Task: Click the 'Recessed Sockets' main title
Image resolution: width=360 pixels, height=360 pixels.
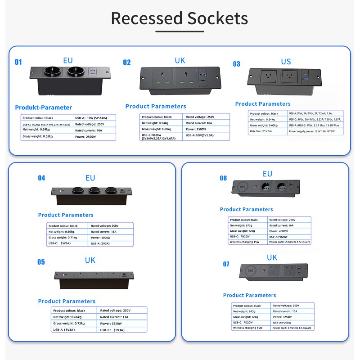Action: (x=180, y=18)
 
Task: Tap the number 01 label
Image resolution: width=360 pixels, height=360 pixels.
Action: (x=18, y=62)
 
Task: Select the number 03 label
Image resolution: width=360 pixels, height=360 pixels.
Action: (x=237, y=64)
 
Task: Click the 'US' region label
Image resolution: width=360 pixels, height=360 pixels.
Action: (x=286, y=62)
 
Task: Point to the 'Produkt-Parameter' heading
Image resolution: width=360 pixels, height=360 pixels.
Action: (x=44, y=108)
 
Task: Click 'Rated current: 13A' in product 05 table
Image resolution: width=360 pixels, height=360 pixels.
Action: (x=114, y=317)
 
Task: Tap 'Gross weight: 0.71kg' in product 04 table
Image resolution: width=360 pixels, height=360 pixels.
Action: (x=63, y=237)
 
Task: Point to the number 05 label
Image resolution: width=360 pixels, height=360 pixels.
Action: (x=41, y=262)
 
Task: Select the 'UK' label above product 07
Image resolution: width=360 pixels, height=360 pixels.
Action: (x=272, y=258)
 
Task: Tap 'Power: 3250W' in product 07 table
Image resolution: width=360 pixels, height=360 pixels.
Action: (x=282, y=317)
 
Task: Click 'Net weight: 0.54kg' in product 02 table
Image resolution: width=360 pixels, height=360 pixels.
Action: (x=155, y=123)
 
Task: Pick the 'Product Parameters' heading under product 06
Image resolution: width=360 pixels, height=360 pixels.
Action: (x=246, y=209)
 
